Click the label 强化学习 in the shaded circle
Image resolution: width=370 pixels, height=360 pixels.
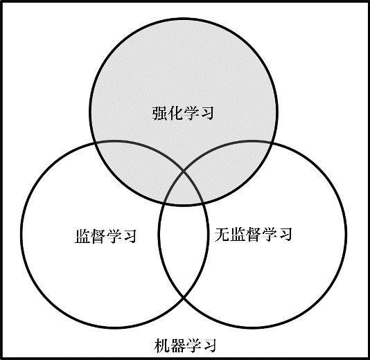pyautogui.click(x=183, y=113)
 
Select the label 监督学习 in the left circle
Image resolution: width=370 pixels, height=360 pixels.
pyautogui.click(x=106, y=236)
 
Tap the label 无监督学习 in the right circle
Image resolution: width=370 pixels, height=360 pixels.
pyautogui.click(x=254, y=234)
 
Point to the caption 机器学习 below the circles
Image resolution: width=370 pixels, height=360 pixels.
pyautogui.click(x=185, y=345)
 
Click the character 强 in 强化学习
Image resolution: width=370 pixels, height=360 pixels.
pyautogui.click(x=159, y=113)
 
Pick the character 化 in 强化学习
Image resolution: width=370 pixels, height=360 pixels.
pyautogui.click(x=175, y=113)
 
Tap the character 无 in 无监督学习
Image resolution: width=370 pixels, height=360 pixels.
pyautogui.click(x=222, y=234)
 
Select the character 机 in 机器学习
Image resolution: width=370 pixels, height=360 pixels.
pyautogui.click(x=161, y=345)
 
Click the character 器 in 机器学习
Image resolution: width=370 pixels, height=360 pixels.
pyautogui.click(x=177, y=345)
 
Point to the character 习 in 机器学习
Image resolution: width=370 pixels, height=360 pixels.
pyautogui.click(x=209, y=345)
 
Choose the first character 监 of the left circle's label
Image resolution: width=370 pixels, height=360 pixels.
pyautogui.click(x=82, y=236)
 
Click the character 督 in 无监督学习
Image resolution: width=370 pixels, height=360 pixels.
pyautogui.click(x=254, y=234)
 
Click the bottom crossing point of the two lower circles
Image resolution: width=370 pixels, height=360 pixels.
pyautogui.click(x=184, y=298)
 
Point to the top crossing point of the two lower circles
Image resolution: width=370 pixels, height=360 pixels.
pyautogui.click(x=184, y=172)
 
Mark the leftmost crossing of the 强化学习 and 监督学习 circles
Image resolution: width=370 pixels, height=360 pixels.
pyautogui.click(x=95, y=143)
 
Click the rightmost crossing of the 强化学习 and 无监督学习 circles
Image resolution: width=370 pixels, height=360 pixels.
pyautogui.click(x=272, y=143)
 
